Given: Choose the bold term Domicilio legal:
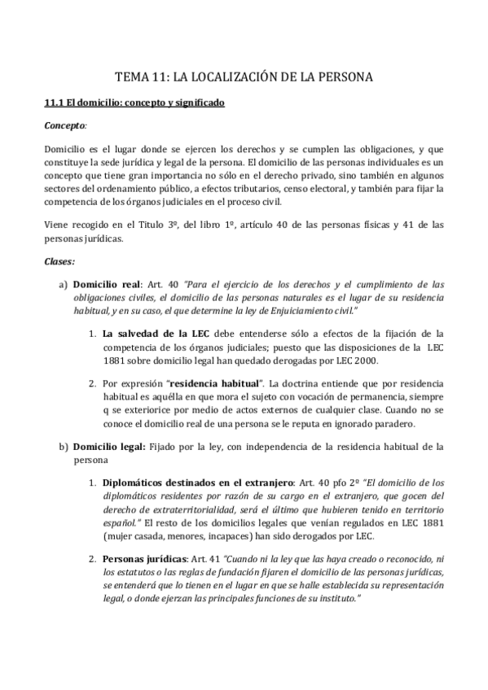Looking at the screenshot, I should [109, 447].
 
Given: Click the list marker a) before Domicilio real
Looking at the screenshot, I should [63, 285].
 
